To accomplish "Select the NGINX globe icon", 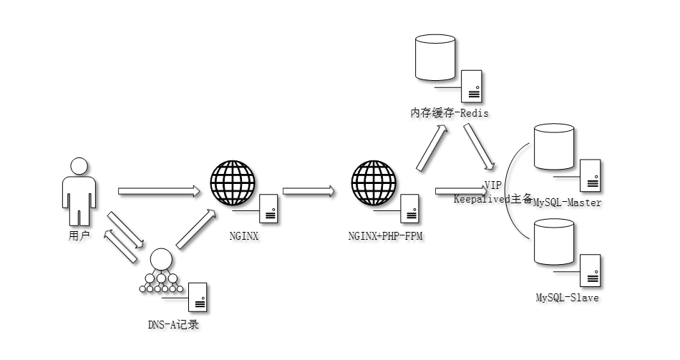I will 233,183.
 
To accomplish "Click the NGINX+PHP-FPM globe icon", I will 374,183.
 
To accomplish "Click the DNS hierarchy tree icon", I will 161,272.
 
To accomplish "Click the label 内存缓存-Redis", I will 449,113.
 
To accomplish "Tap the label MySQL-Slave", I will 568,297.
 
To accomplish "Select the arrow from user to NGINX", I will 158,191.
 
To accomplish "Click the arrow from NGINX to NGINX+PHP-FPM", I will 308,191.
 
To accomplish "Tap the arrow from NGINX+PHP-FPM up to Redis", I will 432,147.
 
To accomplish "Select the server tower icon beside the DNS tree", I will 195,296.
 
